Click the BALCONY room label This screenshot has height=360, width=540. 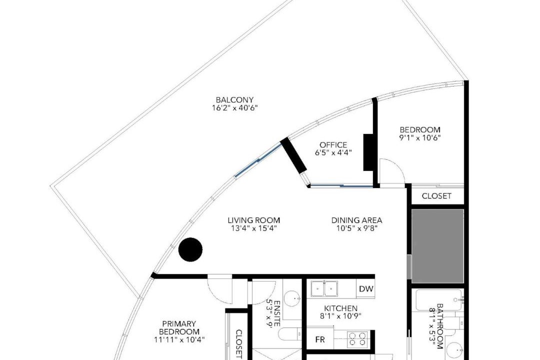[234, 100]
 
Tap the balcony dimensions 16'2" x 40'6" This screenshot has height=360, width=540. [234, 108]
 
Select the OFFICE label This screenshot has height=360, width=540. [333, 144]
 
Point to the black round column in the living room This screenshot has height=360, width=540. [190, 249]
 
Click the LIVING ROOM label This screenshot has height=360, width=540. [254, 220]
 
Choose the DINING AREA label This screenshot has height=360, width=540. [357, 220]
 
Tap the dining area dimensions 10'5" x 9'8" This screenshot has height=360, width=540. [357, 228]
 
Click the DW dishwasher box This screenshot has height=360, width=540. [365, 288]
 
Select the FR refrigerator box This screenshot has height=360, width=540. [320, 339]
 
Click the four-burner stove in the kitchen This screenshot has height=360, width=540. [357, 338]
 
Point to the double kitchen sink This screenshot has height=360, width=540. [324, 288]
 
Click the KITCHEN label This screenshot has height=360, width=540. [340, 308]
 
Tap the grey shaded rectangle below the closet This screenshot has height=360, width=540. [437, 246]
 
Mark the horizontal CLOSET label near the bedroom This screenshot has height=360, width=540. [436, 196]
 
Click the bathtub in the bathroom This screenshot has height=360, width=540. [438, 300]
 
